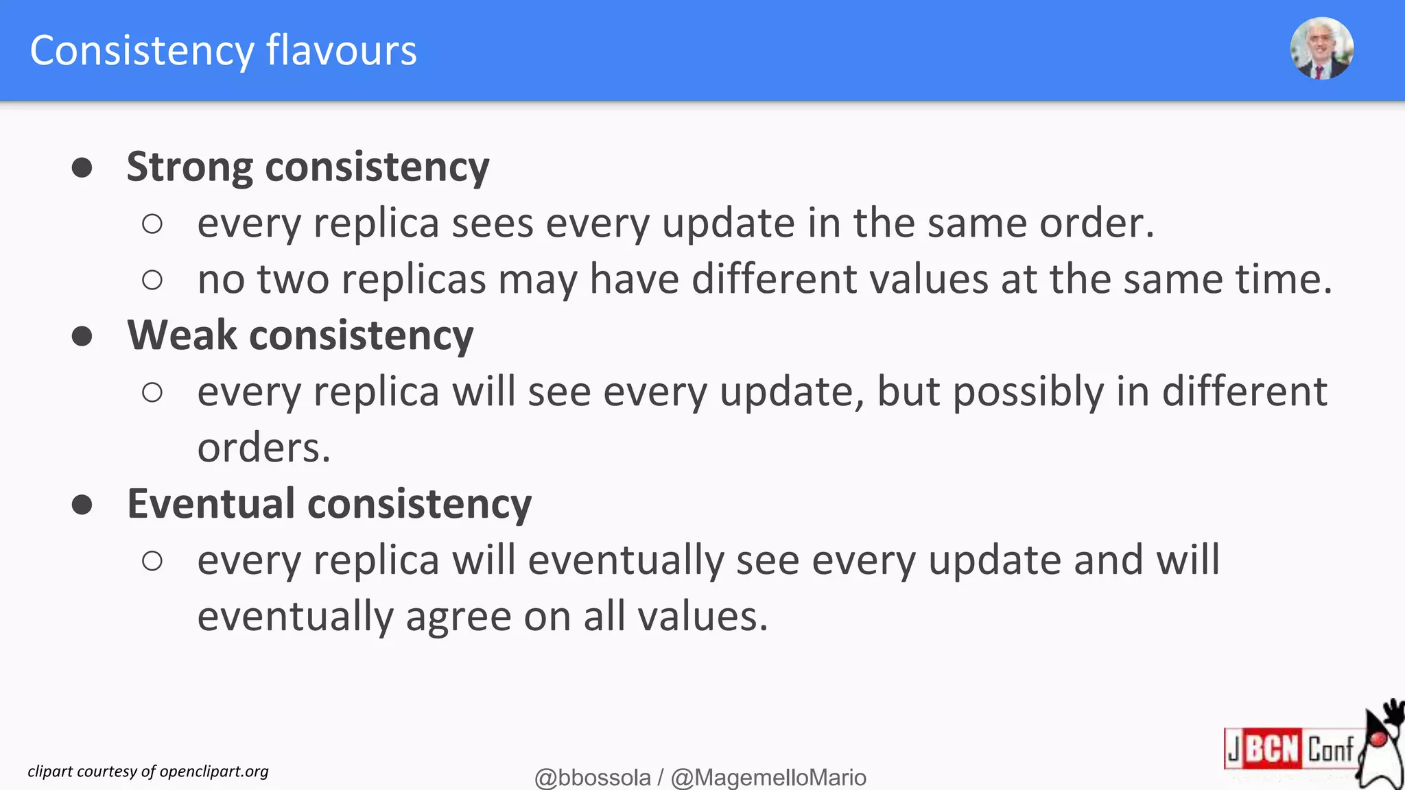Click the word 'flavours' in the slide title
pyautogui.click(x=341, y=50)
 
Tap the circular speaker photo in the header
pyautogui.click(x=1321, y=49)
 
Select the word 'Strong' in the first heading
pyautogui.click(x=190, y=167)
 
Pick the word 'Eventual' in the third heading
pyautogui.click(x=211, y=504)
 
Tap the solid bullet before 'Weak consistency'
pyautogui.click(x=82, y=336)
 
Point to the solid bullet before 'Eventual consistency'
pyautogui.click(x=82, y=505)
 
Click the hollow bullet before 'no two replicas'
pyautogui.click(x=152, y=280)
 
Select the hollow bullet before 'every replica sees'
pyautogui.click(x=152, y=224)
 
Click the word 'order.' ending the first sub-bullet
pyautogui.click(x=1097, y=224)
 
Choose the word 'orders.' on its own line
pyautogui.click(x=264, y=448)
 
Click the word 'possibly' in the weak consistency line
pyautogui.click(x=1028, y=392)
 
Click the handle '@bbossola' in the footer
pyautogui.click(x=592, y=778)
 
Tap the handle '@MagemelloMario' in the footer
pyautogui.click(x=768, y=778)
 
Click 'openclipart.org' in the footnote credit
pyautogui.click(x=214, y=771)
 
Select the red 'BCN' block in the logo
pyautogui.click(x=1272, y=748)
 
